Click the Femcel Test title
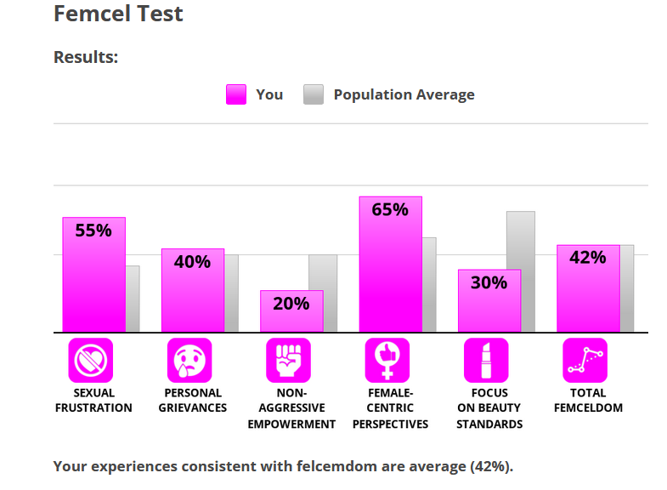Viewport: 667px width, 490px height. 118,14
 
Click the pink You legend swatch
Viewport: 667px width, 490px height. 235,94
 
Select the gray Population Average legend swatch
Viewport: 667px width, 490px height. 314,94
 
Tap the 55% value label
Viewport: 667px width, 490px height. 93,231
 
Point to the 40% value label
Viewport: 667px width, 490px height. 192,262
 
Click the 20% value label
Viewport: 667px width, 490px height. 291,303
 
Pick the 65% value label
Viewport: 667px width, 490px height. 390,209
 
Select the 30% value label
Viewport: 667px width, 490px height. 489,282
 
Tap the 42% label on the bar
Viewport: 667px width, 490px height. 588,257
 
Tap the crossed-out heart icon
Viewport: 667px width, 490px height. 90,361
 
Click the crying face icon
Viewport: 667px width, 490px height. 189,361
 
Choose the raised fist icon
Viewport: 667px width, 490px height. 288,361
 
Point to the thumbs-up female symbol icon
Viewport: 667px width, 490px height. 387,361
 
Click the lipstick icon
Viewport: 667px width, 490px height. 486,361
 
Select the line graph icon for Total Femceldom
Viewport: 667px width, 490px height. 585,361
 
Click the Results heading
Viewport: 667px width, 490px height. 86,57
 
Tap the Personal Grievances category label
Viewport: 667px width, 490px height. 192,401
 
